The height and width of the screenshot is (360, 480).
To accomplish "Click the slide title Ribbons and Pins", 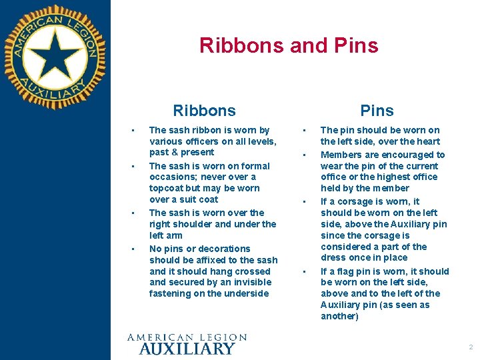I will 289,45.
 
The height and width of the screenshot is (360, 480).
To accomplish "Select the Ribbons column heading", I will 204,111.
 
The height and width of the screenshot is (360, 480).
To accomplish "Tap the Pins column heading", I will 377,111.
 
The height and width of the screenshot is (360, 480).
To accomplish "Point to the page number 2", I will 471,347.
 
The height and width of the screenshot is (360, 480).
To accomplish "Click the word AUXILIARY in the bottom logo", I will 187,348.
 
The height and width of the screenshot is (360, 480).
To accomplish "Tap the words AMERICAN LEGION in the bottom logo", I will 187,337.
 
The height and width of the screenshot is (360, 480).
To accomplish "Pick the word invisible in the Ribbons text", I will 248,282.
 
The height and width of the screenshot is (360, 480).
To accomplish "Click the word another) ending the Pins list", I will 339,316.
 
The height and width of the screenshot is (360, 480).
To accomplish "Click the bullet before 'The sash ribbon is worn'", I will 133,129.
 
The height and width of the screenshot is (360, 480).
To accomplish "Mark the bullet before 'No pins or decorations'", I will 133,249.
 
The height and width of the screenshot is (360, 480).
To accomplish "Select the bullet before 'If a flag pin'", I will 304,271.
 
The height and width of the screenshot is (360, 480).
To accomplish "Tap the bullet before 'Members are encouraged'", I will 304,155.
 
